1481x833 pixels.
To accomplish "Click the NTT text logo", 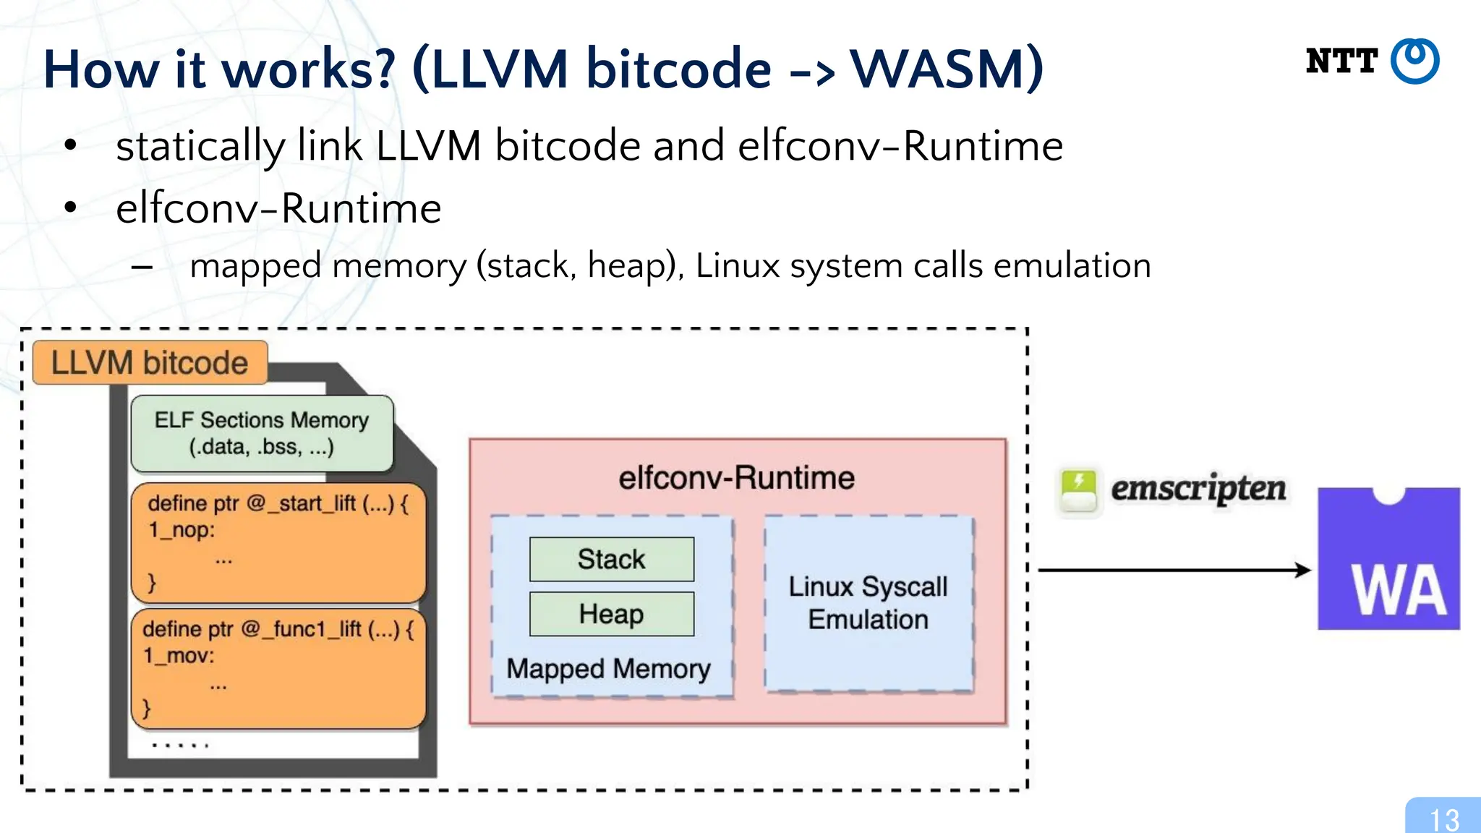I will click(1341, 61).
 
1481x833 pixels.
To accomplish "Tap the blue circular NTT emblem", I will click(1415, 61).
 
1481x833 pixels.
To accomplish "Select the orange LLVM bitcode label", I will click(150, 362).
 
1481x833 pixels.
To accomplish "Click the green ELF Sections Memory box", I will click(262, 433).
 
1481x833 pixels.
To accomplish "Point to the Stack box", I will click(611, 559).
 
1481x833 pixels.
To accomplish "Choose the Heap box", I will click(611, 614).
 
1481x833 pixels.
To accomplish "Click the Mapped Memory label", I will click(608, 669).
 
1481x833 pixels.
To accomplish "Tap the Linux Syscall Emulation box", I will click(868, 603).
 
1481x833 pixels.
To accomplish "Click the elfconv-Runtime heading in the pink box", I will click(736, 478).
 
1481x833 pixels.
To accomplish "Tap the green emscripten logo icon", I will click(1078, 490).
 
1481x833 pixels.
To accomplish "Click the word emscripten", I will click(1198, 489).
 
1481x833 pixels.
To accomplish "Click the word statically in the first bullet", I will click(200, 146).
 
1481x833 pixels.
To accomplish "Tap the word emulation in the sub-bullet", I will click(1072, 265).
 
